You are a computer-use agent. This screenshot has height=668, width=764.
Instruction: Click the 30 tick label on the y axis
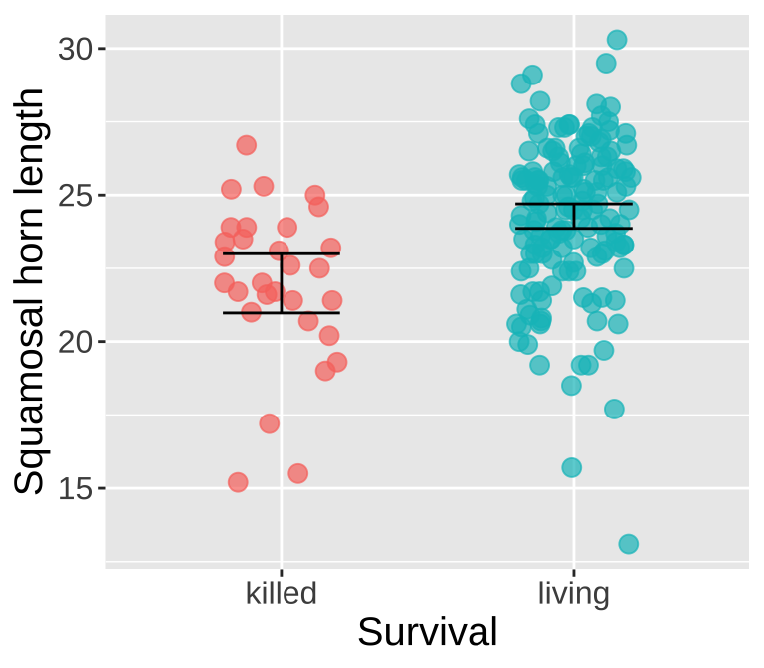(x=76, y=49)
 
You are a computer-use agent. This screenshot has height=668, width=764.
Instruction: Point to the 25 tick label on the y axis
(x=76, y=195)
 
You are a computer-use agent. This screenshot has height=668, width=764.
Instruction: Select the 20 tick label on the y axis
(x=76, y=342)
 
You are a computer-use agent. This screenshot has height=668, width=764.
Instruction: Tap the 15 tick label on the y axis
(x=76, y=488)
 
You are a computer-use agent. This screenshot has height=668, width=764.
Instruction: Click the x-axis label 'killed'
(x=282, y=594)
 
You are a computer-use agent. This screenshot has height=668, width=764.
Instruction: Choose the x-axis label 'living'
(x=573, y=594)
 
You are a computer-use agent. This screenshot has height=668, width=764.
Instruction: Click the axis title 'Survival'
(x=427, y=633)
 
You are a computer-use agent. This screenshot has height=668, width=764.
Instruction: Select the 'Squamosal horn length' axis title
(x=30, y=290)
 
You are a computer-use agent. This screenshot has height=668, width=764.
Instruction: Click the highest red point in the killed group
(x=247, y=145)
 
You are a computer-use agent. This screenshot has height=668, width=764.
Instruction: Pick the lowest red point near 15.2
(x=238, y=482)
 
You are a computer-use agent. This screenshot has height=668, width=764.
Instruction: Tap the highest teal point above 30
(x=617, y=40)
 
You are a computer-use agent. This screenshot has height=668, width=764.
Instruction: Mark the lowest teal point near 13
(x=629, y=544)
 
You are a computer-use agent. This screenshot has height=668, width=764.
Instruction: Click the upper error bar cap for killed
(x=282, y=253)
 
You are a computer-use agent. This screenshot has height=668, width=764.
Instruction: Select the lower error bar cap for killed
(x=282, y=312)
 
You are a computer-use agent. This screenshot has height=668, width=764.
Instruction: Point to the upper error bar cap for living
(x=573, y=204)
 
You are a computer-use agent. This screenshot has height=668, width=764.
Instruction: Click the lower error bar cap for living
(x=573, y=228)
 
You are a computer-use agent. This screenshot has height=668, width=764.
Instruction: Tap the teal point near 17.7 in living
(x=614, y=409)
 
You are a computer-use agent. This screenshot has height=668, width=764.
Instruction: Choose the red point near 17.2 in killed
(x=270, y=423)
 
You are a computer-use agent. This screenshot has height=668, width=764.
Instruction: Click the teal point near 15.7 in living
(x=571, y=467)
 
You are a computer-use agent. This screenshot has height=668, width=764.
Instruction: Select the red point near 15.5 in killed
(x=298, y=473)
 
